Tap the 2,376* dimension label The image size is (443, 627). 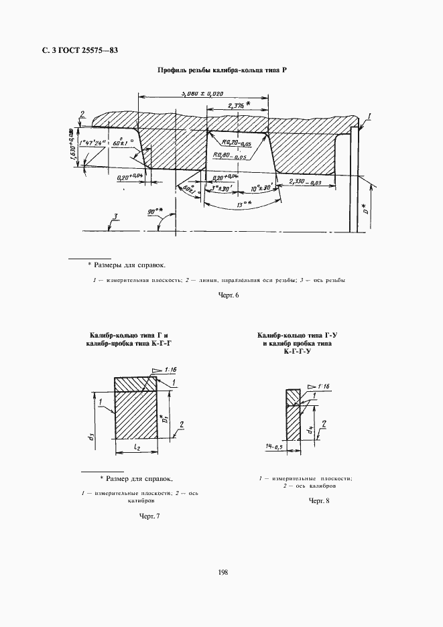tap(238, 106)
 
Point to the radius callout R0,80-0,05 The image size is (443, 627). tap(229, 155)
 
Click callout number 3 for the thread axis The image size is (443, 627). tap(115, 216)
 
